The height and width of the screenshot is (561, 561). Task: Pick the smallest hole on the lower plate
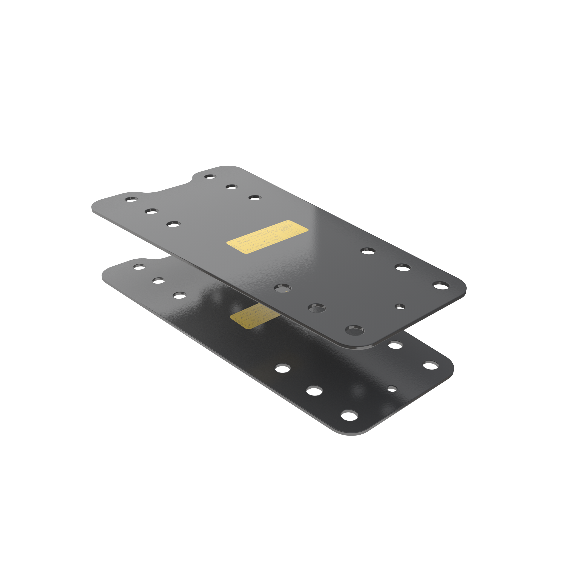[x=392, y=389]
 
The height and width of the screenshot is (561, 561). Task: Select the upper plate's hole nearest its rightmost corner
[x=441, y=285]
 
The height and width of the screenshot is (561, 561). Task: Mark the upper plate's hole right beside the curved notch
[x=210, y=176]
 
